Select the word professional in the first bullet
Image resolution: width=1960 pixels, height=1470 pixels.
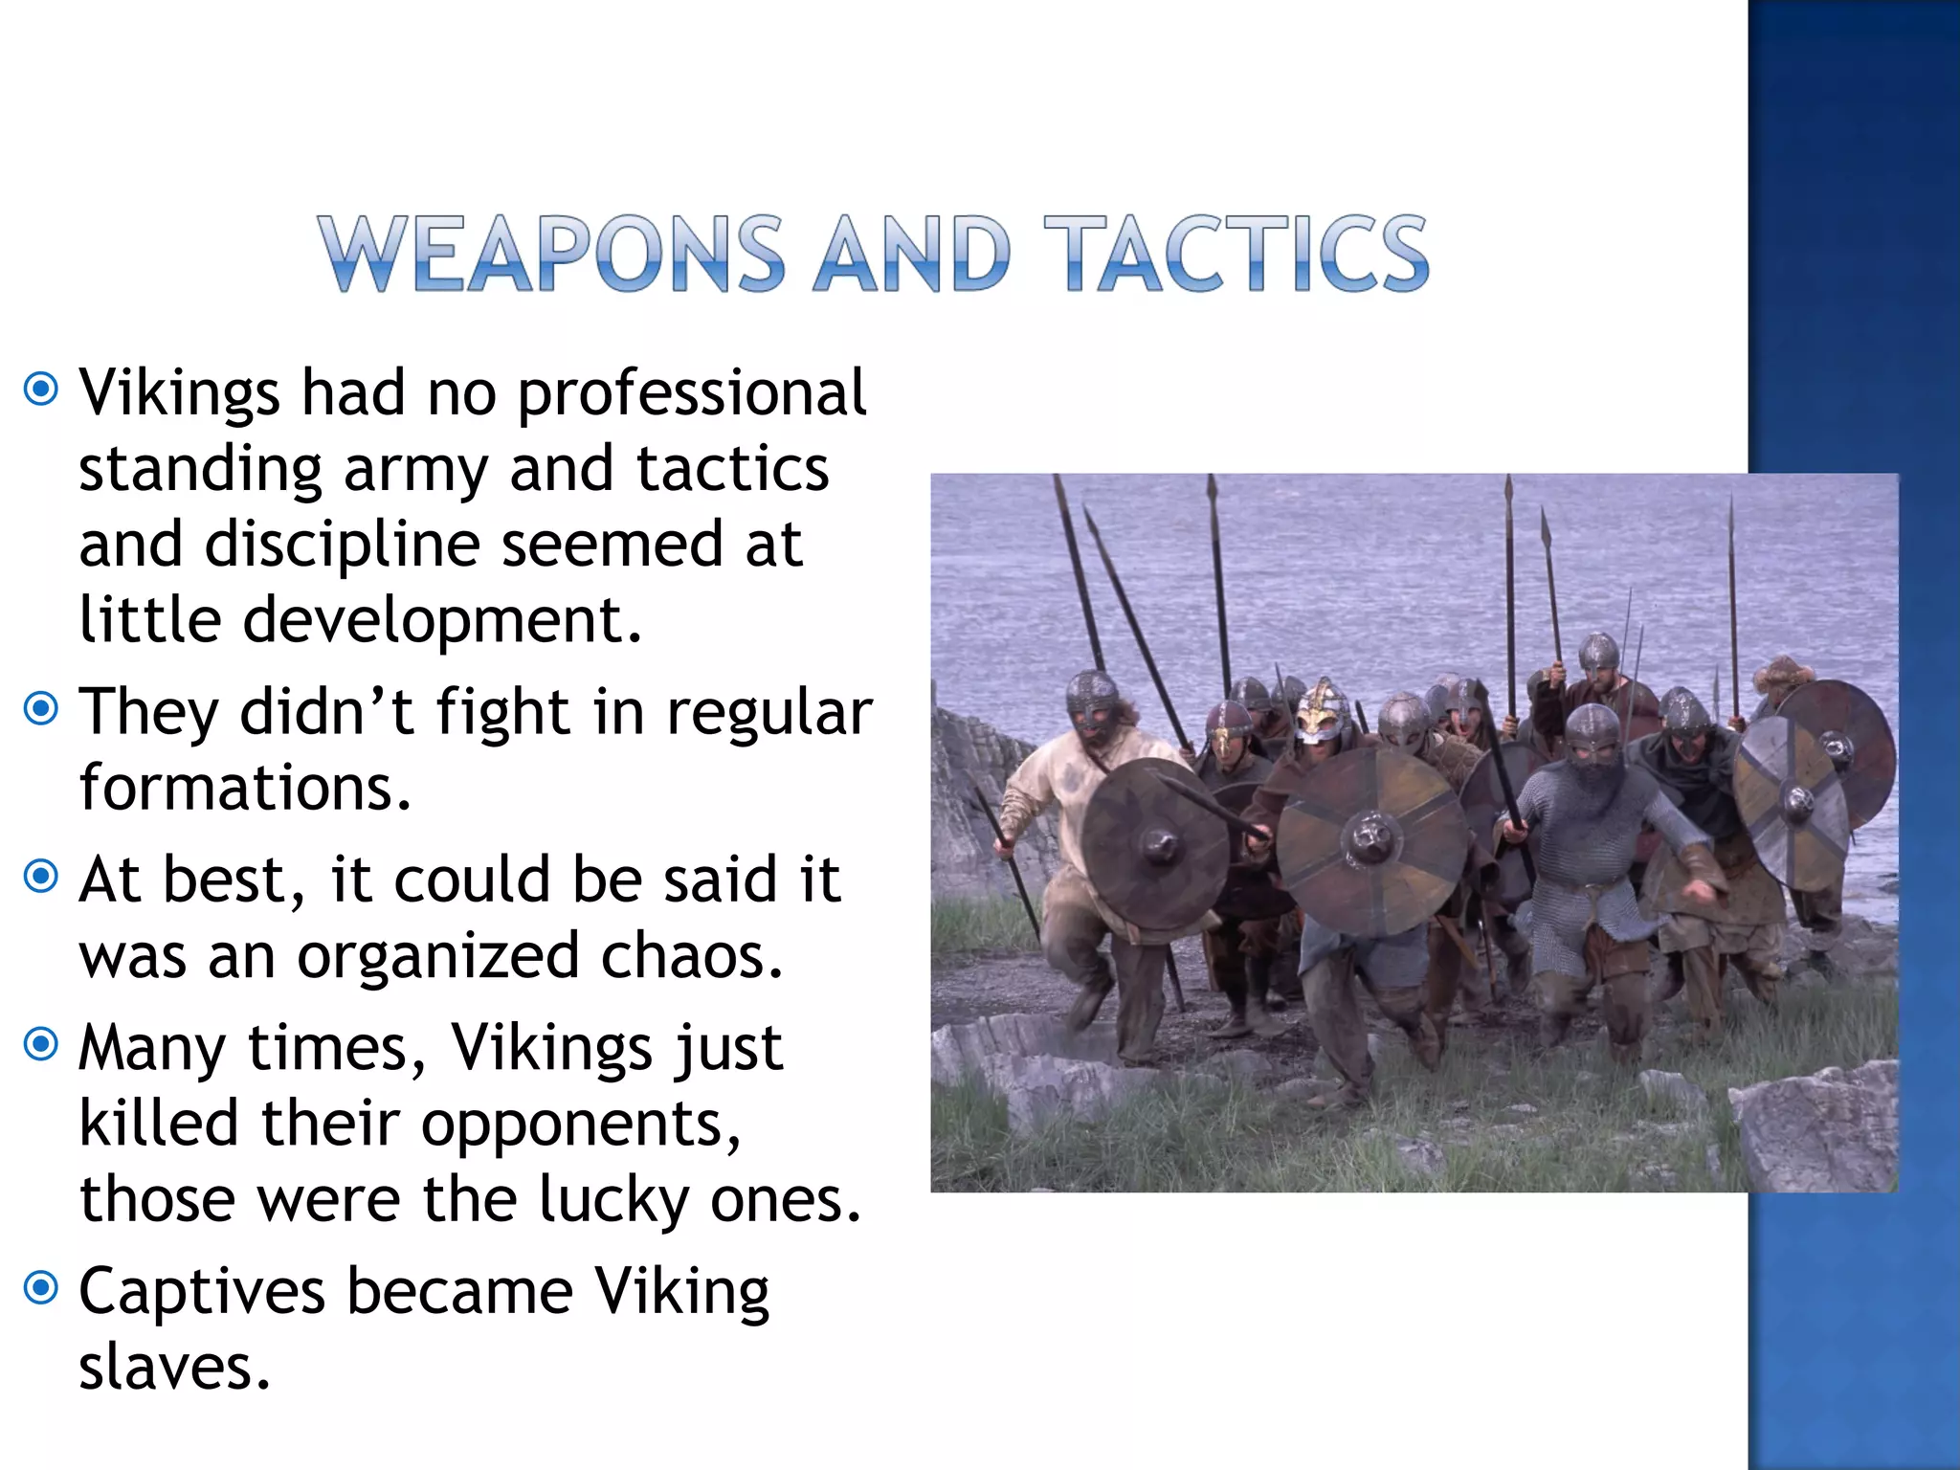691,394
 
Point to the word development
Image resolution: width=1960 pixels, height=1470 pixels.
441,620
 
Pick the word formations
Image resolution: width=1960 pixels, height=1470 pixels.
245,788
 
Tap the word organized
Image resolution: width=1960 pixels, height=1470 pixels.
438,957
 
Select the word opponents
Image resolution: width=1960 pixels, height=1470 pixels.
581,1125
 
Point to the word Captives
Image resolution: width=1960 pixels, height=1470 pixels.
202,1292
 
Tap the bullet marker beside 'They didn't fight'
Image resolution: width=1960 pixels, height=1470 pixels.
41,709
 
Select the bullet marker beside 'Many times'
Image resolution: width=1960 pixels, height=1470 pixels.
41,1043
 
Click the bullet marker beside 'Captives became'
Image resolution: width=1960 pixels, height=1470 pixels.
41,1287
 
